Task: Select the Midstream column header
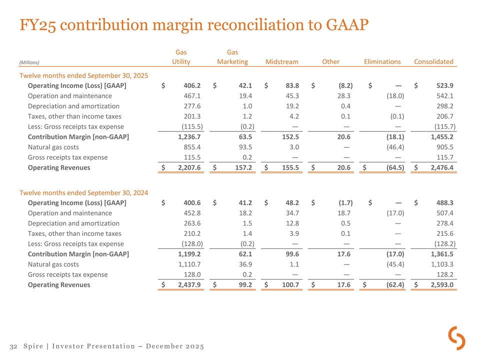point(282,62)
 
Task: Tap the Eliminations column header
point(382,62)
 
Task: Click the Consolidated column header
point(433,62)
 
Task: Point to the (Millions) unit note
point(29,62)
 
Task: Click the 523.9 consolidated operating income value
point(444,86)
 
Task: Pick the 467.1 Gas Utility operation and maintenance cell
point(191,96)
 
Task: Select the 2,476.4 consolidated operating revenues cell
point(439,167)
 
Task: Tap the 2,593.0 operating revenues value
point(439,285)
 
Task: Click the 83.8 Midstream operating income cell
point(292,86)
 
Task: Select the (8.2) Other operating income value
point(345,86)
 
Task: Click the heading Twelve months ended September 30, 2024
point(83,193)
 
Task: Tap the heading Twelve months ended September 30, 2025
point(83,75)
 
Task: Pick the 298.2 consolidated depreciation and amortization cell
point(444,106)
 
